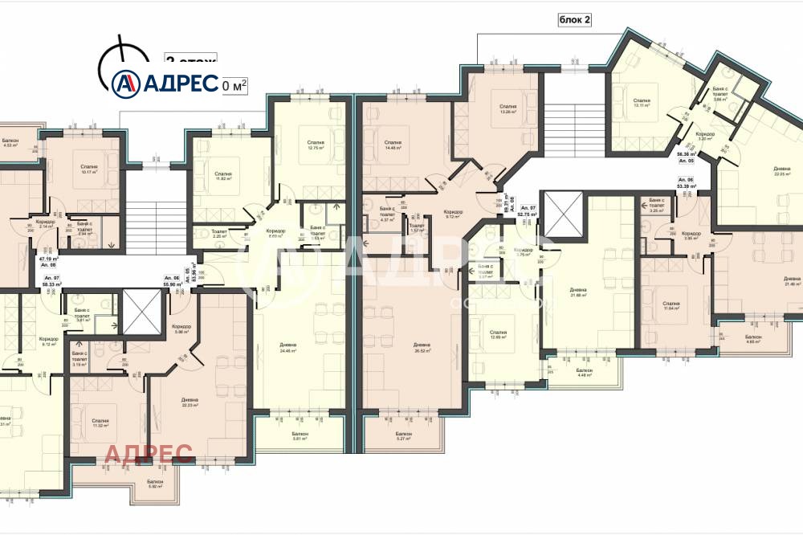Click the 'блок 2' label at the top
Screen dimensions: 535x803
575,21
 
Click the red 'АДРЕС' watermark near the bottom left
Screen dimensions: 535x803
149,454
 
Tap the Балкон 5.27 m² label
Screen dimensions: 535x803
403,436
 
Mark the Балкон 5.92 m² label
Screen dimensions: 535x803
156,484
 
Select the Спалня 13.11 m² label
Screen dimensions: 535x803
640,103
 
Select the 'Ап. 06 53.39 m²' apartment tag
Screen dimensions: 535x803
687,182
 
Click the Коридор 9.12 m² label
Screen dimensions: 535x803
454,214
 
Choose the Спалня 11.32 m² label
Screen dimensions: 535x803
100,423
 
